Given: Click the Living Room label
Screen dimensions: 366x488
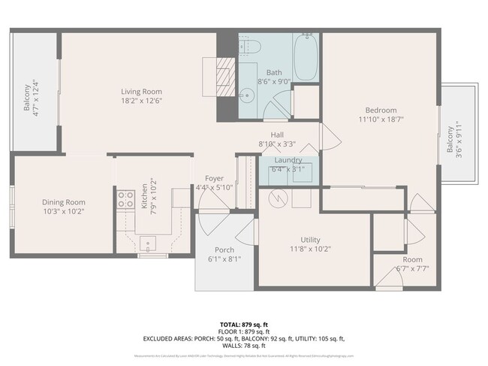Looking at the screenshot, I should coord(142,92).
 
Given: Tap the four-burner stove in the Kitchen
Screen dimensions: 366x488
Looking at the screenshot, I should coord(125,199).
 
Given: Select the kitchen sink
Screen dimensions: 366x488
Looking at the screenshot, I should coord(148,242).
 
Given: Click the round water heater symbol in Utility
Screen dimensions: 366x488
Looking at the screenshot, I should coord(277,198).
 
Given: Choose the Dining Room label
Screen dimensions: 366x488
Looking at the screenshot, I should coord(63,202).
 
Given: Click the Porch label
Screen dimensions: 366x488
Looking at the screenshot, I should coord(224,250).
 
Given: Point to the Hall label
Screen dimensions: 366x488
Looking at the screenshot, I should coord(277,135).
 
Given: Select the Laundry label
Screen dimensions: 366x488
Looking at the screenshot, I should coord(288,160).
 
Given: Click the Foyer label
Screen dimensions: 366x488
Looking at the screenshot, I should coord(215,178).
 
